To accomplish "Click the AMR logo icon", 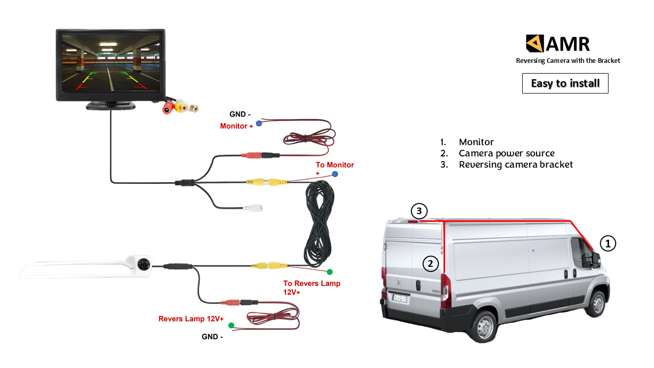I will coord(535,43).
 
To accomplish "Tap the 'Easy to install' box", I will coord(565,83).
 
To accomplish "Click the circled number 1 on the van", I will coord(608,244).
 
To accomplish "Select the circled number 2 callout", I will coord(430,264).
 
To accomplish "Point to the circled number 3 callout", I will coord(418,211).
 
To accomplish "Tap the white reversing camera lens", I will coord(145,264).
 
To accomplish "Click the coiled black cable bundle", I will coord(319,225).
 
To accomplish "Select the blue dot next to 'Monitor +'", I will coord(259,124).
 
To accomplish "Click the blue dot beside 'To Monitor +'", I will coord(335,174).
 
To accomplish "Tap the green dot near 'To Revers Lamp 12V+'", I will coord(330,272).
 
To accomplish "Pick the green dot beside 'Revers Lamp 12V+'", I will coord(231,325).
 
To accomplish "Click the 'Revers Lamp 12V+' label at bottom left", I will coord(191,319).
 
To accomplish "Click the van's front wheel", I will coord(595,304).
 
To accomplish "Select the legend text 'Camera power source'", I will coord(506,153).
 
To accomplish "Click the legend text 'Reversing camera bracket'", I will coord(516,165).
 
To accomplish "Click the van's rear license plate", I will coord(400,297).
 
